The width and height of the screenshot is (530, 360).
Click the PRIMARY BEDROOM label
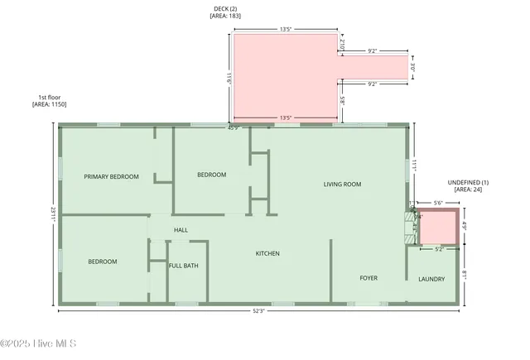point(111,176)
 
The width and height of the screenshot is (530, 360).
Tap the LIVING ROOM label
point(342,184)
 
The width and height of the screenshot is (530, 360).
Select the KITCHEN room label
point(267,253)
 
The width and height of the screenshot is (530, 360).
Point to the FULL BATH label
point(183,265)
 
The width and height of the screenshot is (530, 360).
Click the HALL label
point(180,230)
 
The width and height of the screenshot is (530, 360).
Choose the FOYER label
point(368,278)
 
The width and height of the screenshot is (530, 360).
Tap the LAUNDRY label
point(431,279)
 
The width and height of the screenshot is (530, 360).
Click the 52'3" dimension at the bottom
point(259,311)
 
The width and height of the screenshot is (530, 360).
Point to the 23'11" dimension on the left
point(53,213)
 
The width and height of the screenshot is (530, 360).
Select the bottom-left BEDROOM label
point(103,262)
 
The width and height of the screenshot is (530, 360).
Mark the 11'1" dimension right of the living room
point(417,166)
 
